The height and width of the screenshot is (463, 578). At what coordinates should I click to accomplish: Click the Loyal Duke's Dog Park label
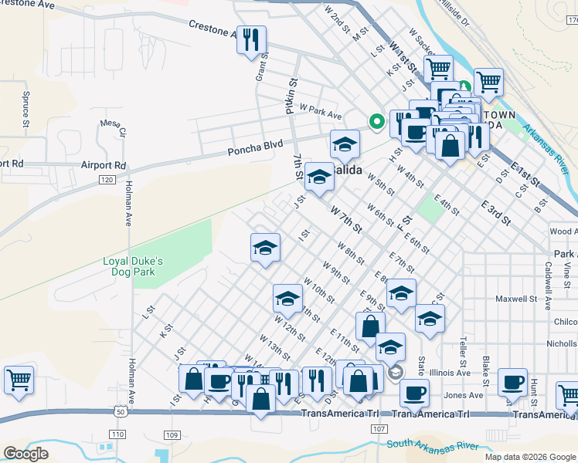133,266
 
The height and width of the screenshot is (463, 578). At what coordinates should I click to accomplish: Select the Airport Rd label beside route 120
103,165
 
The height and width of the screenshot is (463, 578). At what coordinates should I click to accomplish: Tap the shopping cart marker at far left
19,380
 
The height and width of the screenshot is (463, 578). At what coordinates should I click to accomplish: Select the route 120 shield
107,180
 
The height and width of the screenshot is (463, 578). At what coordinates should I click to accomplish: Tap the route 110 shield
117,435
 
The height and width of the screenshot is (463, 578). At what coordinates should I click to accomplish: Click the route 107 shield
378,428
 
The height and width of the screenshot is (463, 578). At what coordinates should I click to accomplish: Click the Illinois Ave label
450,372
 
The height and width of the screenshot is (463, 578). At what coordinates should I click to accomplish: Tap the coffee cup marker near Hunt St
512,382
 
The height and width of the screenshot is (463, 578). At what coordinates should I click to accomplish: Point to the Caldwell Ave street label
547,274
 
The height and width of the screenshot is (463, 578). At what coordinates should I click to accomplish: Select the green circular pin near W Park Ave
376,121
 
